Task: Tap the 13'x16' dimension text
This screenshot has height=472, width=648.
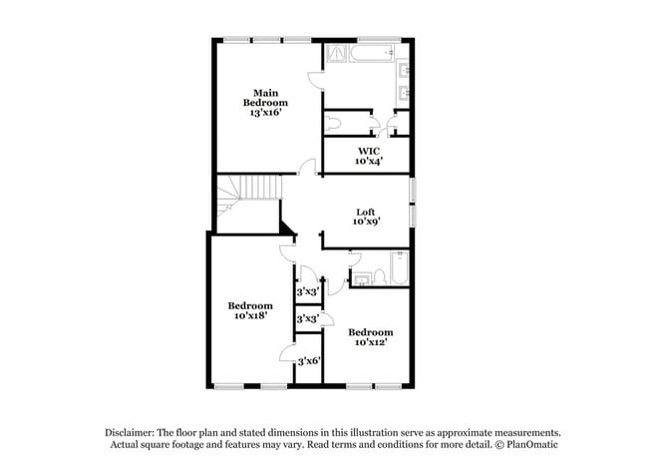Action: click(268, 113)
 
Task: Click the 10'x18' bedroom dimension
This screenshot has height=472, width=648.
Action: click(249, 315)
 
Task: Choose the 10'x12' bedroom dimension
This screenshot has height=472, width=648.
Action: click(370, 341)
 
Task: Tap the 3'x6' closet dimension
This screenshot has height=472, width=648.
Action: click(308, 360)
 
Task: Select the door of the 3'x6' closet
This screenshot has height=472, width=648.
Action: click(288, 353)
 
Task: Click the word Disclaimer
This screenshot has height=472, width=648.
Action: click(135, 432)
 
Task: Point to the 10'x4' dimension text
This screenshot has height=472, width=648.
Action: click(368, 161)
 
